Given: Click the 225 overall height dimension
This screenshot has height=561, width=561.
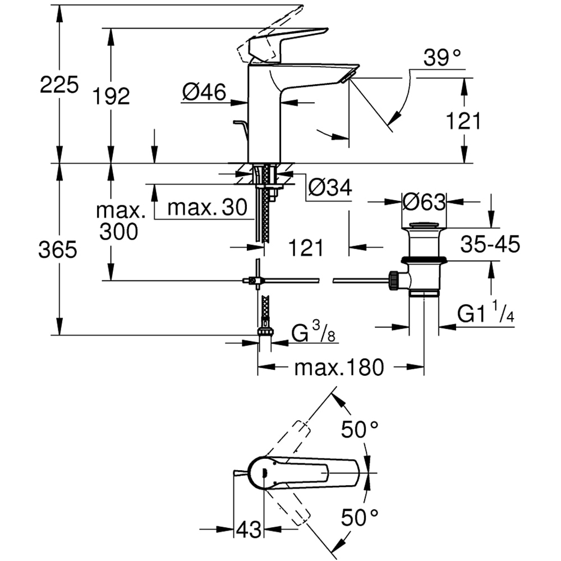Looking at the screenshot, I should (59, 86).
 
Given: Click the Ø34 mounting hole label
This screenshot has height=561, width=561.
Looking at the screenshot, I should (330, 188).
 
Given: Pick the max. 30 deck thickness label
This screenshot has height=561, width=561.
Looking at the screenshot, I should (208, 208).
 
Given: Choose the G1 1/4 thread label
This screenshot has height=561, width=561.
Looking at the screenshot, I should (486, 315).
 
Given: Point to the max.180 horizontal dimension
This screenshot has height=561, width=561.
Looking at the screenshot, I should (339, 367).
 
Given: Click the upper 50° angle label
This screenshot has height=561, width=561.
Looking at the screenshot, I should (360, 430).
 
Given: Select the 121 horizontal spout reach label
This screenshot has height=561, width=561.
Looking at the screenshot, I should (306, 247).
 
